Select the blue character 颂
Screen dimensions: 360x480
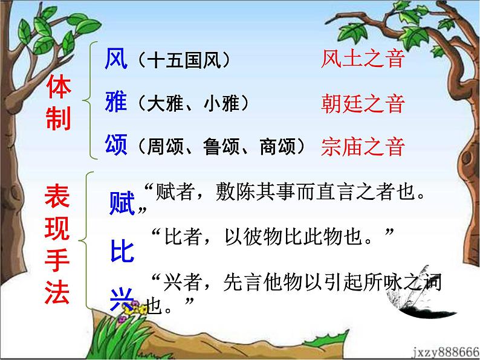(x=116, y=145)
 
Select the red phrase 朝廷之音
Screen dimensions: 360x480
(x=362, y=103)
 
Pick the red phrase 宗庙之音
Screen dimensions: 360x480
(x=362, y=146)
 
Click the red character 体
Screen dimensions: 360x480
(x=59, y=89)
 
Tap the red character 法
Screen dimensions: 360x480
(x=58, y=295)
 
